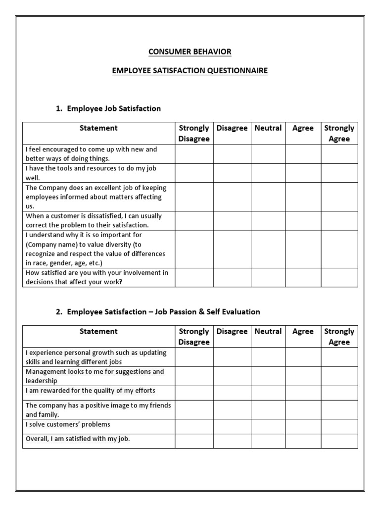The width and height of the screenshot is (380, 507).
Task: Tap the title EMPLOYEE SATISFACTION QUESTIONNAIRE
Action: [190, 71]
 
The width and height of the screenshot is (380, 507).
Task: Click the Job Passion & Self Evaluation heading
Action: [163, 311]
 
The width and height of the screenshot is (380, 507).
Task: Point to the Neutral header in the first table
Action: [268, 128]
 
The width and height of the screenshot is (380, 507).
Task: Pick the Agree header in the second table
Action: [303, 332]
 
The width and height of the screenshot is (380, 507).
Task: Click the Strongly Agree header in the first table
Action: [339, 133]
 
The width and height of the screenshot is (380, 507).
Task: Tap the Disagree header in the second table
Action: [232, 332]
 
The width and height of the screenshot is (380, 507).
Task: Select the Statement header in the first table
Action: [98, 128]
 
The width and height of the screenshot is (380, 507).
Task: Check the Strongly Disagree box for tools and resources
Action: [194, 173]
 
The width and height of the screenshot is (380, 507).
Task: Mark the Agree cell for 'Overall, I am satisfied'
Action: [303, 441]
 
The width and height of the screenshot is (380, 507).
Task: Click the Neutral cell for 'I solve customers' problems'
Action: [268, 427]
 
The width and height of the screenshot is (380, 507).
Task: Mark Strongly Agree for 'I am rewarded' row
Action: [339, 393]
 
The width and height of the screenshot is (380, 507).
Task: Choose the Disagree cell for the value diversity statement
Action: [232, 249]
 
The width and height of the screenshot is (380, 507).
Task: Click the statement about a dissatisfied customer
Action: [94, 220]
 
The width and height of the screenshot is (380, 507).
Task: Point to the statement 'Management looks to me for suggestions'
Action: [95, 376]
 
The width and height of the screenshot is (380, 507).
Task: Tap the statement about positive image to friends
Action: [98, 409]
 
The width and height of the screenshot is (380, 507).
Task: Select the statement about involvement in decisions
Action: [97, 277]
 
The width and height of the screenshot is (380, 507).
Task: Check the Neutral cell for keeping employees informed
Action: [268, 197]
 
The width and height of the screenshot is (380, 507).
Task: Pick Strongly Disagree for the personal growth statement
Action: [194, 357]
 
